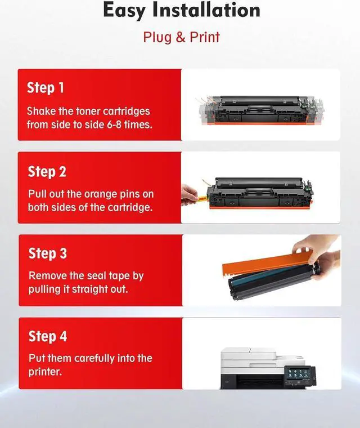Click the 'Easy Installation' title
point(182,10)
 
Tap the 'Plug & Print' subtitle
point(181,37)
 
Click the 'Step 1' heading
point(45,88)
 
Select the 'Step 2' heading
point(47,172)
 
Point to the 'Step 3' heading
point(48,253)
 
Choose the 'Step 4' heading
point(48,336)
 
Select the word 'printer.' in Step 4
point(45,372)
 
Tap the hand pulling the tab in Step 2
point(188,194)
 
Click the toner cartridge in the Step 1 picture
point(260,110)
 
